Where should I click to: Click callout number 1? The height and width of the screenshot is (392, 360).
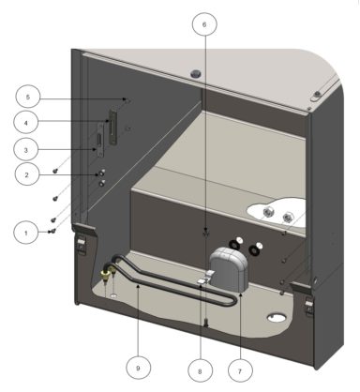28,230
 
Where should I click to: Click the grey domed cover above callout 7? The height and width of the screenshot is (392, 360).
231,264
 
